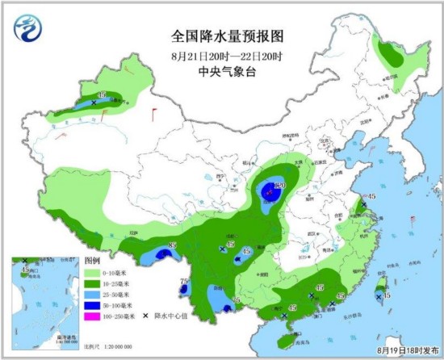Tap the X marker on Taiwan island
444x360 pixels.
click(379, 297)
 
